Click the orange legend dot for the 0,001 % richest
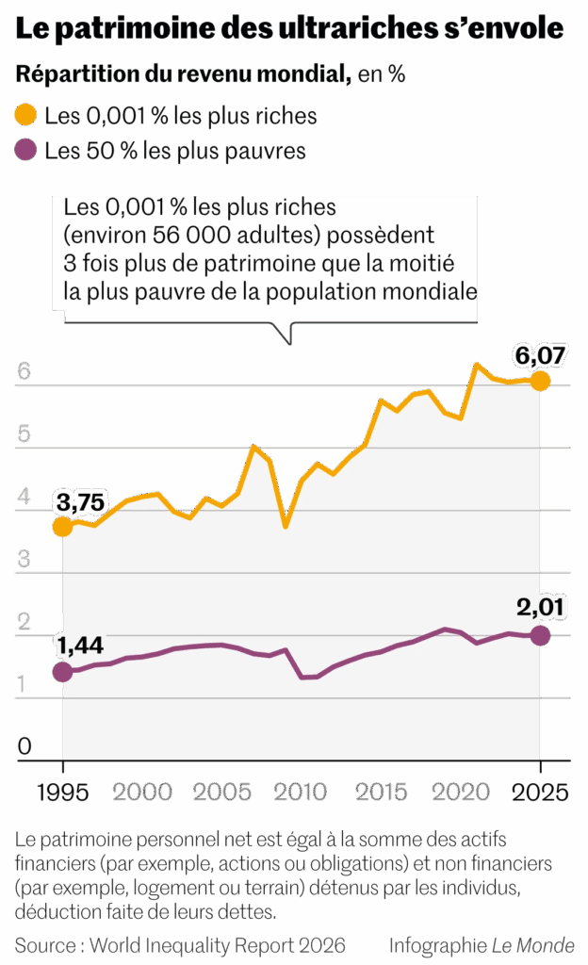[x=26, y=116]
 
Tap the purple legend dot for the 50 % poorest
[x=26, y=150]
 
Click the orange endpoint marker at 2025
[x=540, y=381]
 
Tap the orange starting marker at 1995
[x=62, y=527]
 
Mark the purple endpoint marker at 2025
[x=540, y=635]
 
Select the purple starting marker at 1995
[x=62, y=672]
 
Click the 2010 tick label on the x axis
[x=302, y=792]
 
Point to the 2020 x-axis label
[x=461, y=792]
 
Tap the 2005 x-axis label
[x=222, y=792]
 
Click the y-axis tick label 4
[x=24, y=498]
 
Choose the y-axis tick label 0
[x=24, y=747]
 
